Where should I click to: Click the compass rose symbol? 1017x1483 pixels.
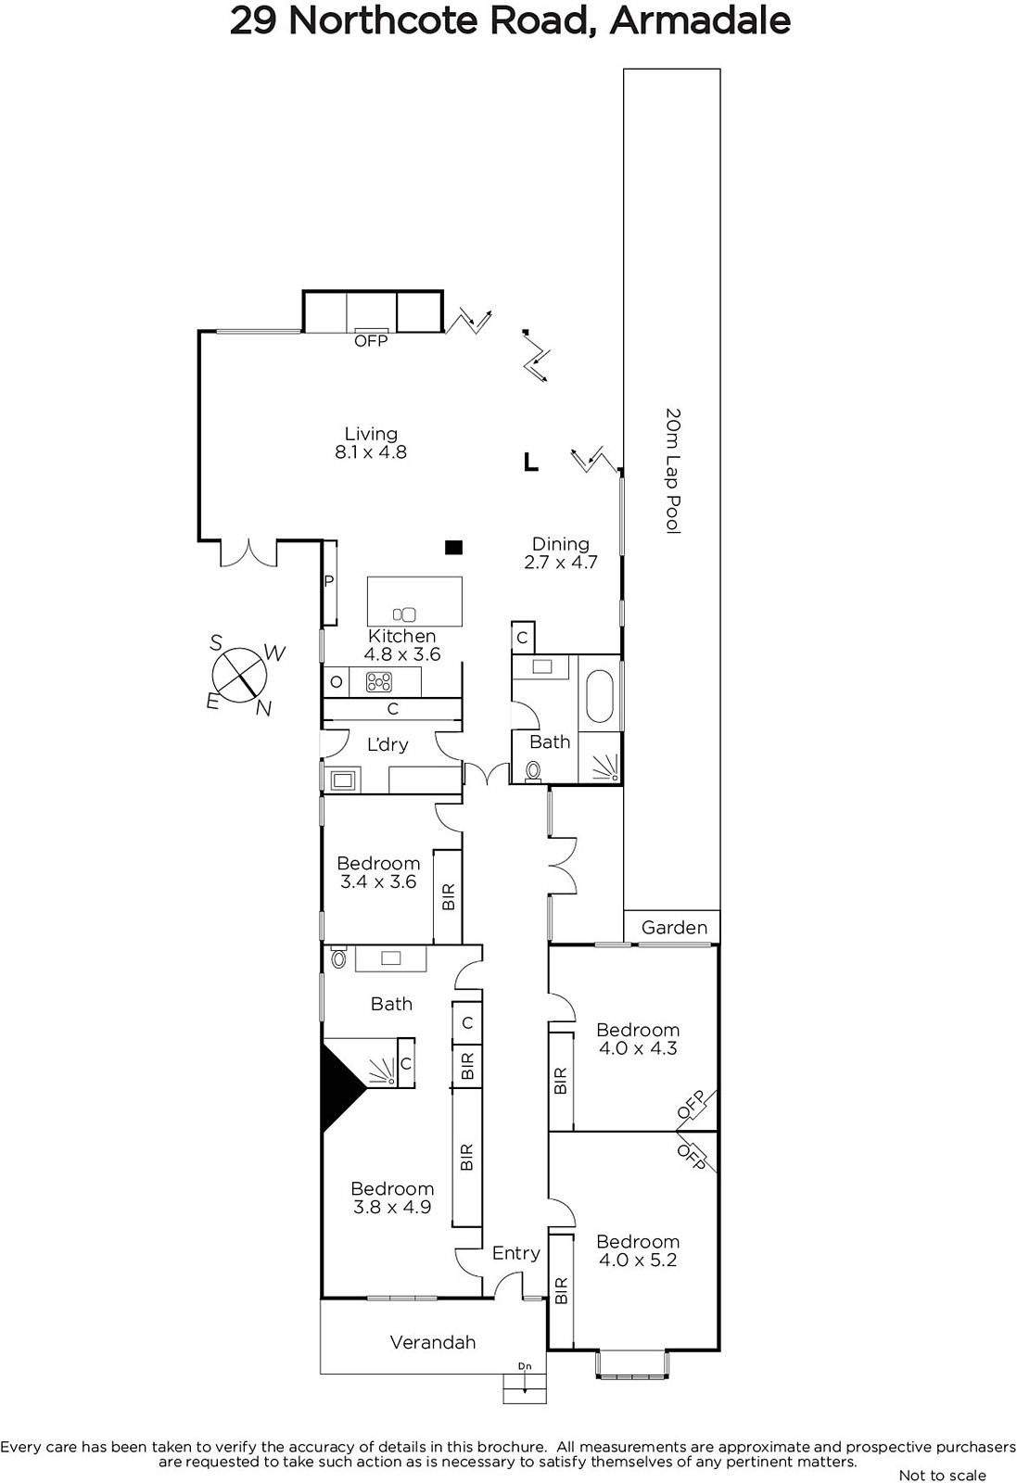(x=240, y=676)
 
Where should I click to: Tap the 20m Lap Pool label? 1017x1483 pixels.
(x=673, y=471)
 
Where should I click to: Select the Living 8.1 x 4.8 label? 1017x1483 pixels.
(x=371, y=443)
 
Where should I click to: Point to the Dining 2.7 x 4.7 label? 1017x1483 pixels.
(x=561, y=552)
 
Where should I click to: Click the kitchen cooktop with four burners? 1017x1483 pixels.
(x=379, y=681)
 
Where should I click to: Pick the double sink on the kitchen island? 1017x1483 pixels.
(x=404, y=615)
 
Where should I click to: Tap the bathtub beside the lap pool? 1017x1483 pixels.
(x=601, y=696)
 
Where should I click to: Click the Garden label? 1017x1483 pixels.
(x=674, y=928)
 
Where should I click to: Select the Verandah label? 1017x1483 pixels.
(x=433, y=1342)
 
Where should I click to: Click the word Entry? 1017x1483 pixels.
(x=516, y=1252)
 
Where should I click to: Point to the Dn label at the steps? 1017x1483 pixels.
(x=525, y=1366)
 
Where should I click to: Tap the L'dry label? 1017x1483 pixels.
(x=388, y=744)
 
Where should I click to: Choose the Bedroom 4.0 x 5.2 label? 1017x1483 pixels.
(x=638, y=1250)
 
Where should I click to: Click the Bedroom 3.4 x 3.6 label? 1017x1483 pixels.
(x=379, y=872)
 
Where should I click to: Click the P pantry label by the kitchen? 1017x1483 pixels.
(x=329, y=581)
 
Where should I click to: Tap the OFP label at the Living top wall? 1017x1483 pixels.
(x=371, y=341)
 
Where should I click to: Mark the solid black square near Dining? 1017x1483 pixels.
(x=453, y=548)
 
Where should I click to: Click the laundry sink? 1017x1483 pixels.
(x=342, y=780)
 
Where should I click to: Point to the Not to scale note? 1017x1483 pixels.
(x=943, y=1475)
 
